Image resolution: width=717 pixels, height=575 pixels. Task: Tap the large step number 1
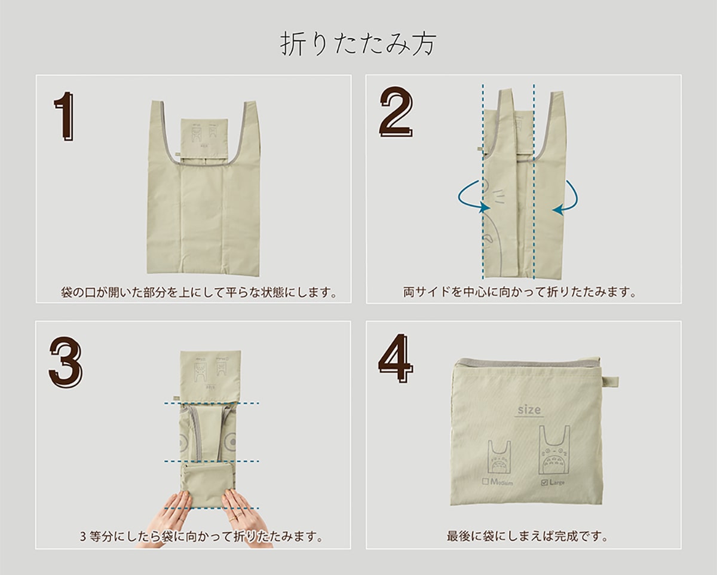[65, 117]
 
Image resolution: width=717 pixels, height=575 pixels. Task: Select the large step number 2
[396, 112]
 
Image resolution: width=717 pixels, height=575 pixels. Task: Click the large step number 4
[396, 357]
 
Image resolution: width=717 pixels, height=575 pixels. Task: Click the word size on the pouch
[529, 409]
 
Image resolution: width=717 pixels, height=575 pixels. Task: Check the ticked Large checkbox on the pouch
[544, 482]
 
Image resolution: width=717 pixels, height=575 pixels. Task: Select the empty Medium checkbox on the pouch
[485, 482]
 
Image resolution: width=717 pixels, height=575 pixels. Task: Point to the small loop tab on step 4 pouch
[611, 382]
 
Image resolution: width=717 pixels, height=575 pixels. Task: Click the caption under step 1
[199, 292]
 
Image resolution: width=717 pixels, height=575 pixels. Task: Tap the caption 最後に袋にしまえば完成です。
[528, 536]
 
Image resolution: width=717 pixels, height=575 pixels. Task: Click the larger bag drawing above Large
[554, 449]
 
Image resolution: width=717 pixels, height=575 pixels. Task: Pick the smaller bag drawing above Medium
[500, 457]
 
